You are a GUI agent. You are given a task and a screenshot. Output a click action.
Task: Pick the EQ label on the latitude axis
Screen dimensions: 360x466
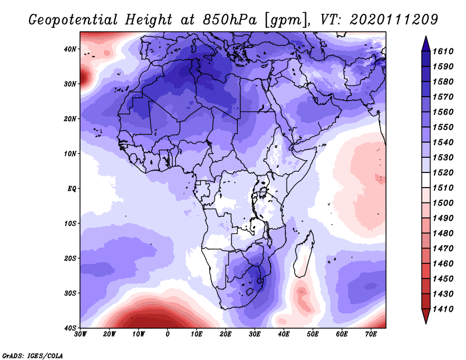point(72,189)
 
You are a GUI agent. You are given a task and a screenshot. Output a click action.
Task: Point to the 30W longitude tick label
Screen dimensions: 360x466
point(80,334)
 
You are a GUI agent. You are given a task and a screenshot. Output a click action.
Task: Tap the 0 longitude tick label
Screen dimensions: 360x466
point(168,334)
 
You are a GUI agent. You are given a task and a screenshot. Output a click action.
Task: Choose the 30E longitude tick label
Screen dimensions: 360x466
point(255,334)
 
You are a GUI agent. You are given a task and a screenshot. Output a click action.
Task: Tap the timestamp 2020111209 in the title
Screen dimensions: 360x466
point(394,20)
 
